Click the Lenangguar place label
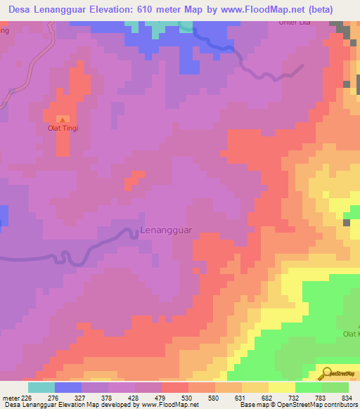click(x=167, y=230)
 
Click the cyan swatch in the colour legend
click(x=41, y=387)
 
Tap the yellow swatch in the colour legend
click(x=282, y=387)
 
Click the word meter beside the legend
click(x=9, y=397)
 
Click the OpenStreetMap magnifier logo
click(x=326, y=374)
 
